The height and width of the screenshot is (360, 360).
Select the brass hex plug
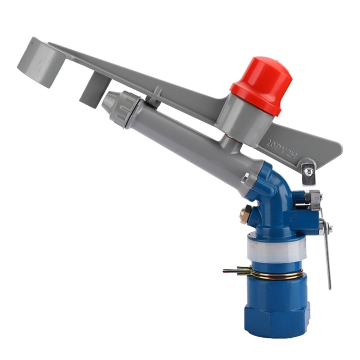(x=245, y=214)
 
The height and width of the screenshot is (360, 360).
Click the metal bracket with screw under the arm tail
(x=309, y=170)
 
